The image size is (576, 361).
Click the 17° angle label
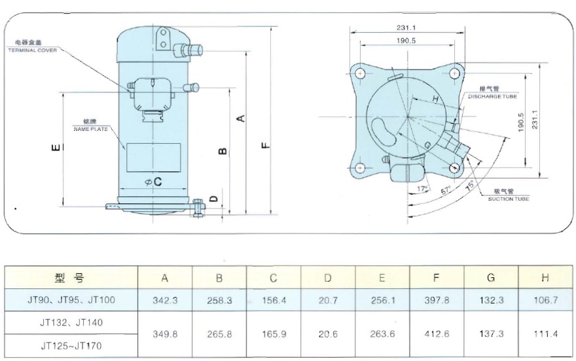423,189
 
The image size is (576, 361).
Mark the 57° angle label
446,190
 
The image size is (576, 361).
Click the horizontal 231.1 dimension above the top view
406,27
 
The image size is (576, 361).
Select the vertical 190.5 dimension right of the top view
522,122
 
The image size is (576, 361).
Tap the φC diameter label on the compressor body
153,182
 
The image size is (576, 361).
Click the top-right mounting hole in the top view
454,73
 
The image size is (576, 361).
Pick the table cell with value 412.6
435,333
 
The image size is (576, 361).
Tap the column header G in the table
491,278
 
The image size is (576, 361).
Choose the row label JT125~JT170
72,344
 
